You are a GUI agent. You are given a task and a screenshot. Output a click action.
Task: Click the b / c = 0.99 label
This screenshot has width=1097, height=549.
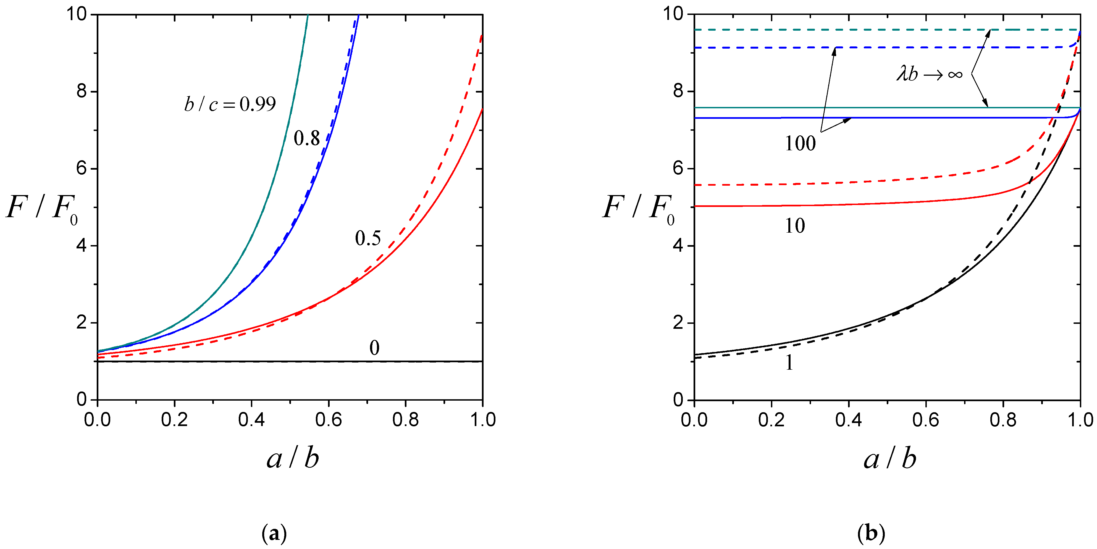pyautogui.click(x=230, y=104)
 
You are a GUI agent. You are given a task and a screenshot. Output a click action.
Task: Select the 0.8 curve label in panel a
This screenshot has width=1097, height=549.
pyautogui.click(x=307, y=138)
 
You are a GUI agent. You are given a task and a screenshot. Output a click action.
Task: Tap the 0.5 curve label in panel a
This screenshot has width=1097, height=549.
pyautogui.click(x=368, y=238)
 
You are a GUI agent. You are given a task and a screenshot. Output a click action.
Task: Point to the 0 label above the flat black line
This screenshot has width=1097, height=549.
pyautogui.click(x=374, y=348)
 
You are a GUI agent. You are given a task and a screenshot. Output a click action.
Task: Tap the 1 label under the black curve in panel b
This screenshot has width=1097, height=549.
pyautogui.click(x=789, y=363)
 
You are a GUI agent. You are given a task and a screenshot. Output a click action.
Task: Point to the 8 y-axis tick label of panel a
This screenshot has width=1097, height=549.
pyautogui.click(x=82, y=91)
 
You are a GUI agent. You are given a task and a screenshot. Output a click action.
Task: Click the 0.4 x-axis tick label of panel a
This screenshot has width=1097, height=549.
pyautogui.click(x=251, y=419)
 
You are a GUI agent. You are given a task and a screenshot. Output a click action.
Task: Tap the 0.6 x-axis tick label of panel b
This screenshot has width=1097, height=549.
pyautogui.click(x=925, y=419)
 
